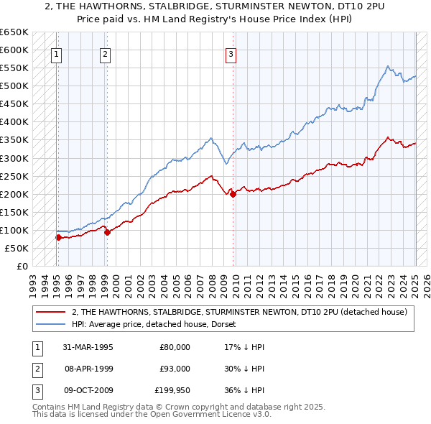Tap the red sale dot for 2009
click(x=233, y=194)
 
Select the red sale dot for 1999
click(x=106, y=232)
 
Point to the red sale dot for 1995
click(x=58, y=237)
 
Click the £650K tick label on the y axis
click(x=14, y=32)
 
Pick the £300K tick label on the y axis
click(x=14, y=158)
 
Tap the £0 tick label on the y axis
click(x=22, y=266)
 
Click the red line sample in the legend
click(x=52, y=312)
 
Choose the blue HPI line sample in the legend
click(x=52, y=324)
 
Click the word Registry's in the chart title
click(x=261, y=20)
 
